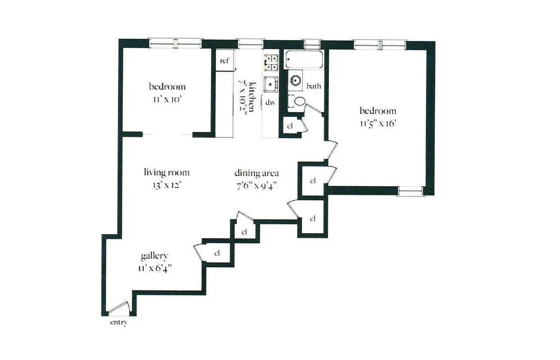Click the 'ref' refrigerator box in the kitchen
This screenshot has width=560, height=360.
point(224,60)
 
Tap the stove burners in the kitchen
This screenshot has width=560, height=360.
point(271,63)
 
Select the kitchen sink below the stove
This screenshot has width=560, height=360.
point(271,84)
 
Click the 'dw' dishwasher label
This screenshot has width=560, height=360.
point(270,103)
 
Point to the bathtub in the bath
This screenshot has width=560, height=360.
point(305,60)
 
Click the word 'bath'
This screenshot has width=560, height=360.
point(314,86)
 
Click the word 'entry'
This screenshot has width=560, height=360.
point(118,323)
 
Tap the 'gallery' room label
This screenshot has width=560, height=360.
point(154,256)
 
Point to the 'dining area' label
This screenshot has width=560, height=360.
point(257,173)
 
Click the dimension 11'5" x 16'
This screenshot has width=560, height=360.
point(377,123)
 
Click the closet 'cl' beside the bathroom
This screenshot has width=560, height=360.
point(290,126)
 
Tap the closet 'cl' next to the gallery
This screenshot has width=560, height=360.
point(217,253)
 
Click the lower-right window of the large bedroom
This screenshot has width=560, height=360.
point(411,191)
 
